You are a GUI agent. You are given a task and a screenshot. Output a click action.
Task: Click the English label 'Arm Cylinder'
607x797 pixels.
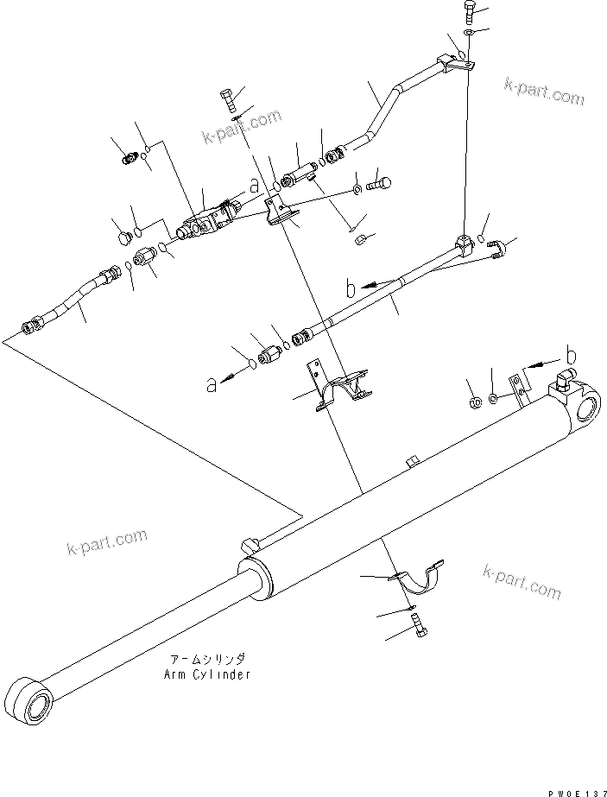pos(207,674)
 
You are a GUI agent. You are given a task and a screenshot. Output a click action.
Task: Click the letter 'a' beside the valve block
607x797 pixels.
pos(254,184)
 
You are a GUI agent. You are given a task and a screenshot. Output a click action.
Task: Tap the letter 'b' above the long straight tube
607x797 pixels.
pos(350,288)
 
